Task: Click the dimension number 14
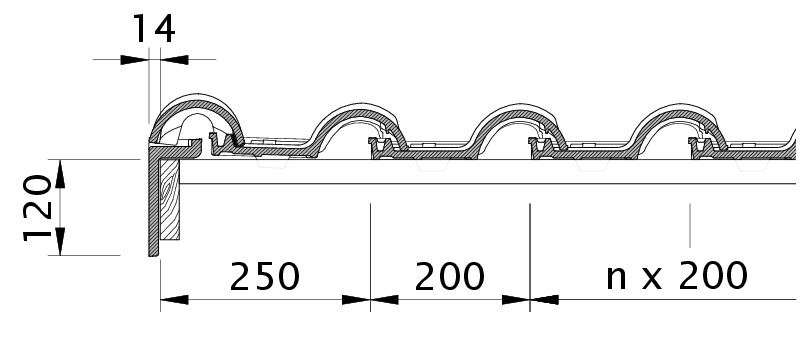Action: pyautogui.click(x=154, y=29)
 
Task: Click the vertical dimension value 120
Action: pyautogui.click(x=38, y=208)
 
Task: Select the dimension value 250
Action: pyautogui.click(x=264, y=277)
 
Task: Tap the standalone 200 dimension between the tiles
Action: pyautogui.click(x=449, y=277)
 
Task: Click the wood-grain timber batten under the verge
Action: pyautogui.click(x=170, y=199)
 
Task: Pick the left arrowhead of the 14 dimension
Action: pyautogui.click(x=134, y=60)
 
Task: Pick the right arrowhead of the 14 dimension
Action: pyautogui.click(x=174, y=60)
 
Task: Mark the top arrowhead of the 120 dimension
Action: pyautogui.click(x=60, y=173)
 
